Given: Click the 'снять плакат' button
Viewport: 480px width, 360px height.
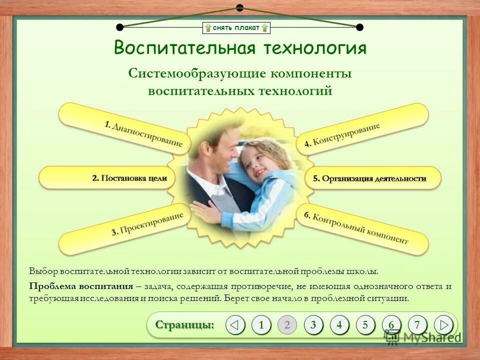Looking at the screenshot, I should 236,27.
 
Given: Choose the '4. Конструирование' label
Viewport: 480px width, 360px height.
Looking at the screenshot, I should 342,134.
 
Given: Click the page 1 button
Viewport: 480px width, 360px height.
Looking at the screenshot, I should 261,325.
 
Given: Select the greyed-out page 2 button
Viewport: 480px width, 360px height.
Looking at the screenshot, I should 287,325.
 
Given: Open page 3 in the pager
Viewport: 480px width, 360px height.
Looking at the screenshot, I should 313,325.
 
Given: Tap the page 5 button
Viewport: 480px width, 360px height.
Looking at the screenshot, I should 365,325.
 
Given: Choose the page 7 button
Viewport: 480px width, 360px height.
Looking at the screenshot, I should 417,325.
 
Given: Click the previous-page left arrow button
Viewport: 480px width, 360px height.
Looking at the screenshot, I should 235,325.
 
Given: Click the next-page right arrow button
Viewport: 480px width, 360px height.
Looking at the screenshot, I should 443,325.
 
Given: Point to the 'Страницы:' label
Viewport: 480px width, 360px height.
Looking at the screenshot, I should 184,324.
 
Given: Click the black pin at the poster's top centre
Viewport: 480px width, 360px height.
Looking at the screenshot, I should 239,7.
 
